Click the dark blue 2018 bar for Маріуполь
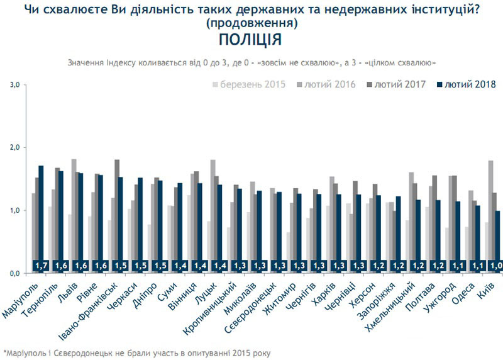coord(41,214)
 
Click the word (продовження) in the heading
coord(251,23)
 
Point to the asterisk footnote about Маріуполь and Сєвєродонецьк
coord(136,352)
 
